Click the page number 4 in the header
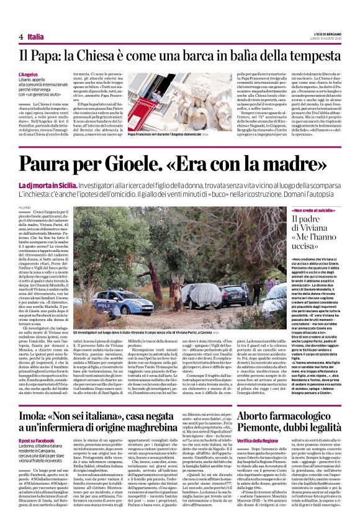pyautogui.click(x=20, y=37)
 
